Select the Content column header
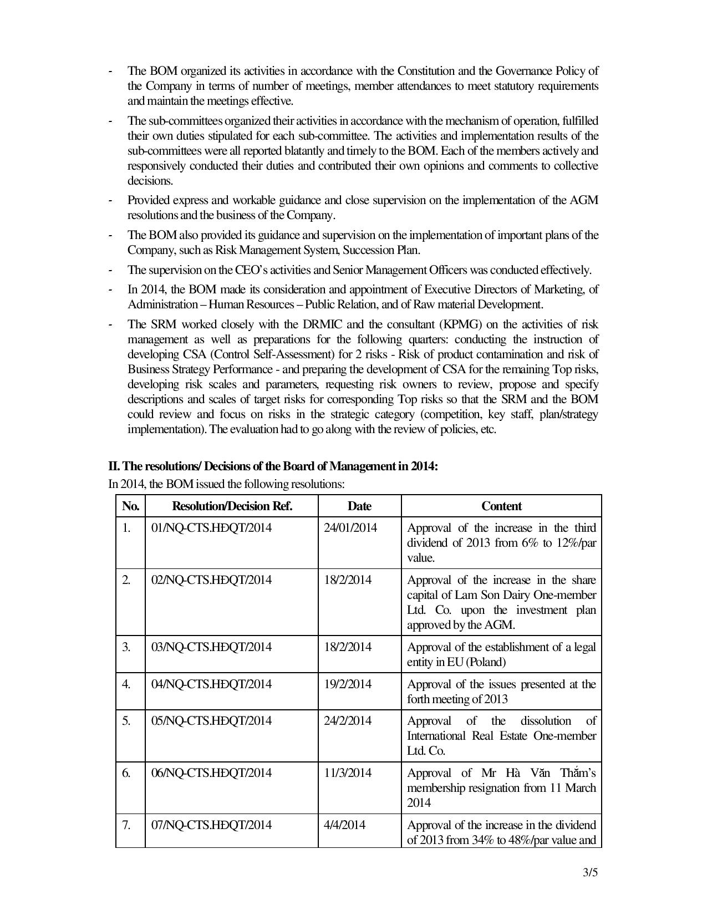501,506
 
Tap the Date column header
359,506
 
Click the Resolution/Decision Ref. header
232,506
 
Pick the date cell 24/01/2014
350,527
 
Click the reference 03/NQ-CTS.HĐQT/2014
211,647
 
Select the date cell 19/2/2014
347,684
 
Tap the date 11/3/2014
347,772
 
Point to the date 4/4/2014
344,825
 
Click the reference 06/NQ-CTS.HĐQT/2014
211,772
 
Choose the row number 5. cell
126,720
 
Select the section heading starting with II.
273,466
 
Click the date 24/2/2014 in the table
347,720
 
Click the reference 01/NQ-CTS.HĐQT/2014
211,527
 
